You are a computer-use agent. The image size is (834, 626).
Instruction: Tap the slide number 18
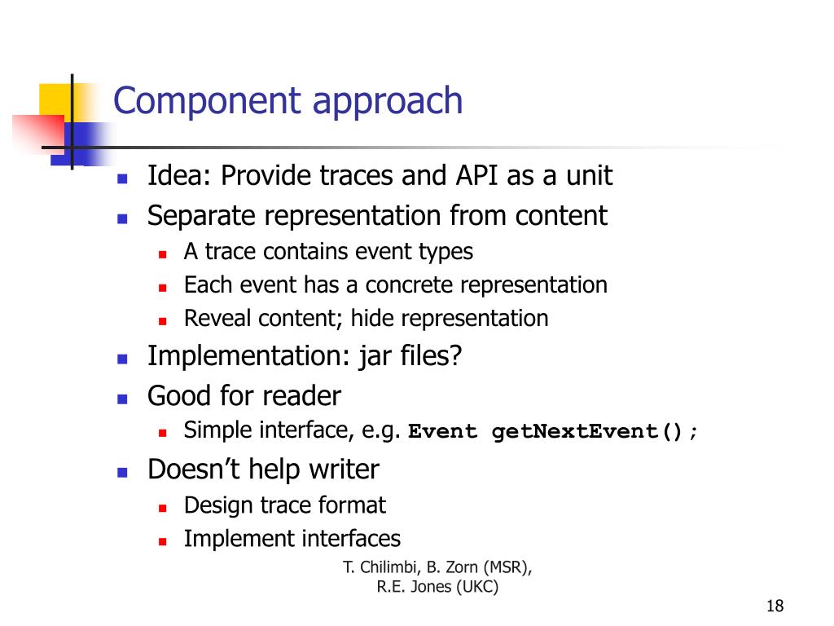(775, 606)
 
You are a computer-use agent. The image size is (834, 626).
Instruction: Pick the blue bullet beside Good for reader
(123, 399)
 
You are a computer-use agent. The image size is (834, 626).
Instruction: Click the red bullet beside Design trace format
(162, 507)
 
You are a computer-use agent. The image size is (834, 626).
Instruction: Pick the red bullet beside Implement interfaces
(162, 540)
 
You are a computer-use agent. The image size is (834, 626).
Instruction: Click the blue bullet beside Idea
(123, 178)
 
